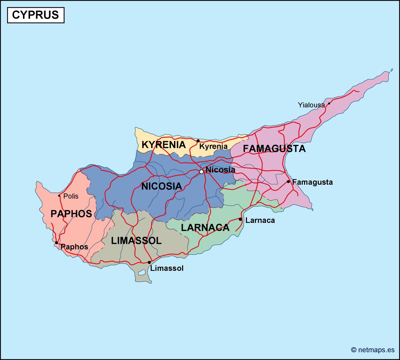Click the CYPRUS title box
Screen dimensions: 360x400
point(35,15)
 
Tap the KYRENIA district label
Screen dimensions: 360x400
point(164,145)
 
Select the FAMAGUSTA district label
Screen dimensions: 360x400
point(274,149)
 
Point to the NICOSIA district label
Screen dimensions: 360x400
point(161,186)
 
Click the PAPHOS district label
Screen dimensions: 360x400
point(71,213)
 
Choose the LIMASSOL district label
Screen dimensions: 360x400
point(136,240)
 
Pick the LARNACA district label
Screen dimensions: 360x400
point(205,228)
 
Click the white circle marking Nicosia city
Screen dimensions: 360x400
point(201,172)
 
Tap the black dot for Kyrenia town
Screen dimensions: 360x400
point(198,141)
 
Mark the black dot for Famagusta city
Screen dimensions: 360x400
point(288,182)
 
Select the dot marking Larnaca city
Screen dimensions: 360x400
point(240,220)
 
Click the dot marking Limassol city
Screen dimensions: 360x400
point(149,262)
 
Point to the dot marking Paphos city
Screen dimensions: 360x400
point(56,243)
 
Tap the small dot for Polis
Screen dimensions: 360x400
point(59,196)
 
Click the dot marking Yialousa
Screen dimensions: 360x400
point(329,104)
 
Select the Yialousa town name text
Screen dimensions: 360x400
point(311,105)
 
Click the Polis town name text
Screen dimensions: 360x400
point(71,196)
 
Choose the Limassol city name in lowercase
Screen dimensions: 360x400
point(167,268)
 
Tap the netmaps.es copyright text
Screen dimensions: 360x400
point(373,350)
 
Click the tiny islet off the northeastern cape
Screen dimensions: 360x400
point(392,70)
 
